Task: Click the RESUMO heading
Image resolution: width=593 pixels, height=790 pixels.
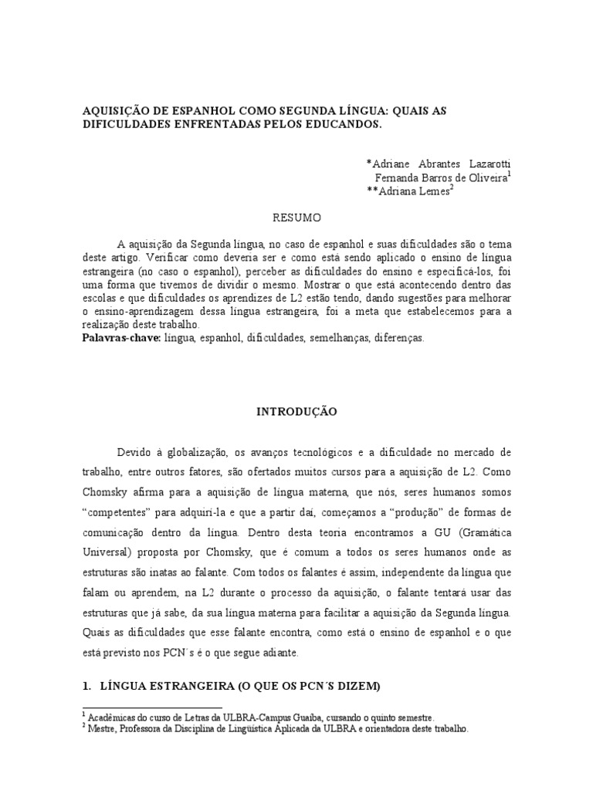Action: click(296, 218)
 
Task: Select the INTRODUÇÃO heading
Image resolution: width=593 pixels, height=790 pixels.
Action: click(296, 412)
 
